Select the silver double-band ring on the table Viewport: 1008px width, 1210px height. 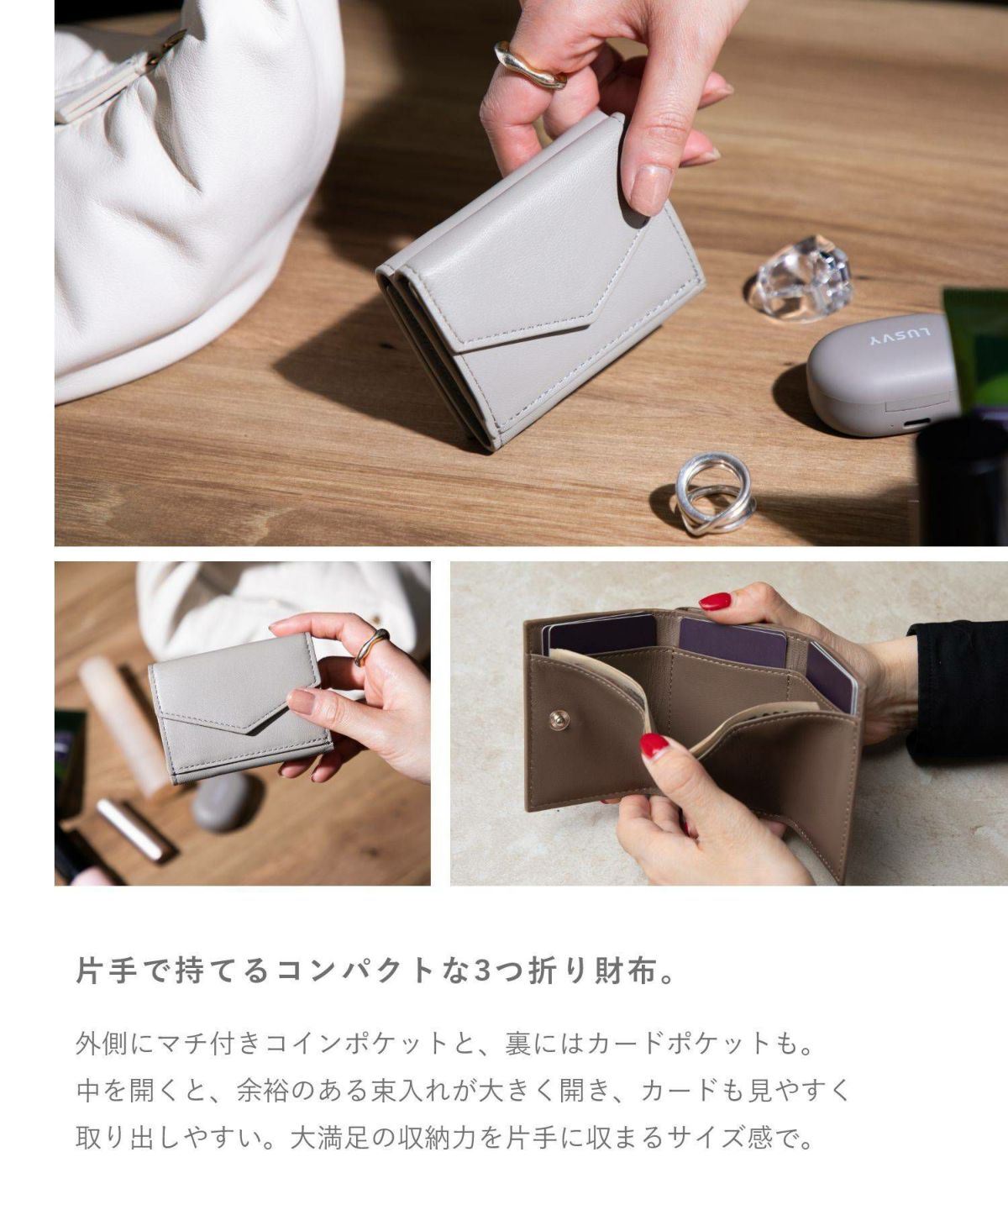(x=715, y=492)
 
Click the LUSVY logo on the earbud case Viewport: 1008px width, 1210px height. (x=900, y=335)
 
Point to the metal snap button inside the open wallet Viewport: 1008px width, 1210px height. (x=559, y=719)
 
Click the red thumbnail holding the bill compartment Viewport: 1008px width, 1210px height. (x=654, y=745)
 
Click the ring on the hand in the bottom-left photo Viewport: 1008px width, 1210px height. (x=371, y=645)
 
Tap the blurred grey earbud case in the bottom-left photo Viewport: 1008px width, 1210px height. (x=221, y=802)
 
